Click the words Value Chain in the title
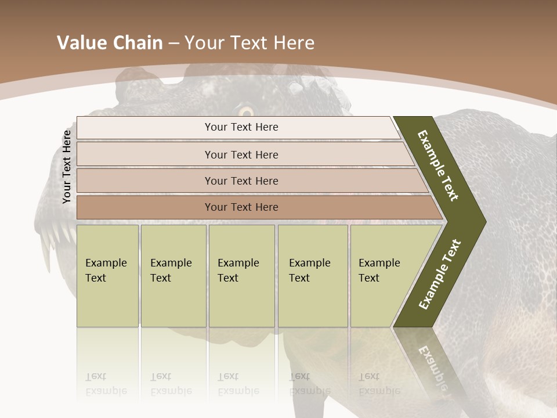[x=110, y=43]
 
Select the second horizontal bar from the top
[x=241, y=154]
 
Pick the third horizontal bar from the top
[x=241, y=181]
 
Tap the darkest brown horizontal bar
[x=241, y=207]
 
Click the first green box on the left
[x=107, y=276]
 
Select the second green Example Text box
[x=173, y=276]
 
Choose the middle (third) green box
[x=241, y=276]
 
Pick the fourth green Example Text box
[x=313, y=276]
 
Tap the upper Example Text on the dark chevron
[x=438, y=165]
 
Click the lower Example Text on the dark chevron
[x=440, y=275]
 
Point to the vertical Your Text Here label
[x=67, y=167]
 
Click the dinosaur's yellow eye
[x=247, y=111]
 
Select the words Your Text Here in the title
[x=249, y=43]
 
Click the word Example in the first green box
[x=106, y=263]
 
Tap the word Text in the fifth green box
[x=369, y=278]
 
